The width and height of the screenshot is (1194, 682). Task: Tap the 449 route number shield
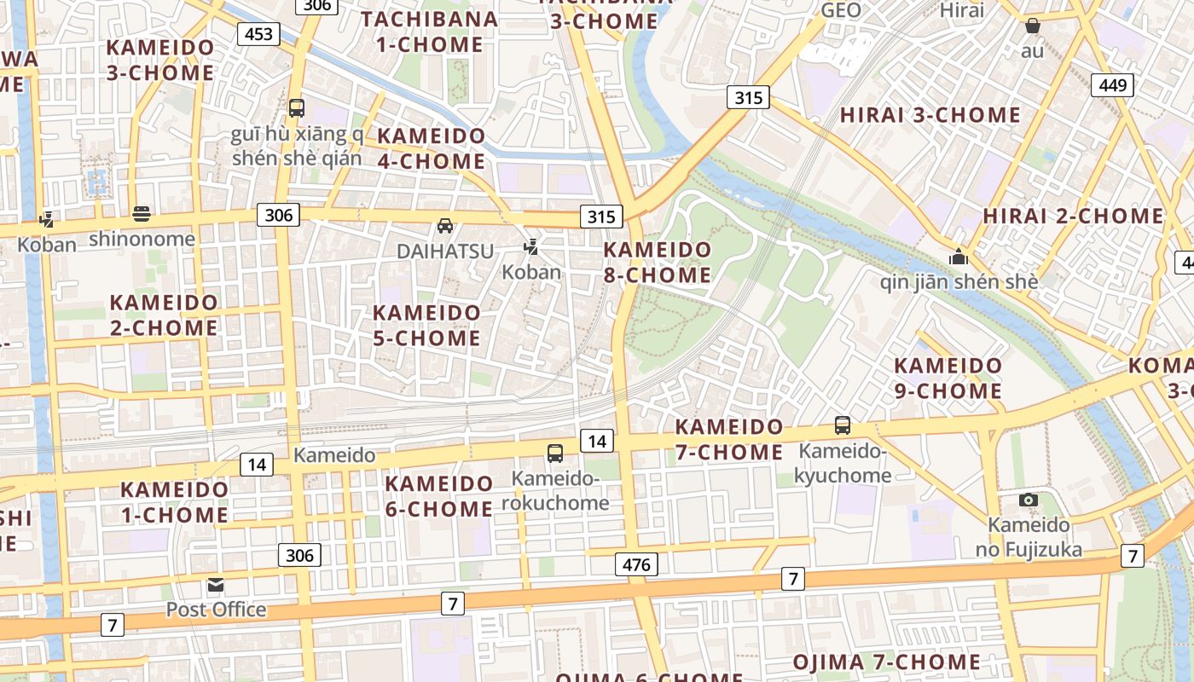(x=1112, y=84)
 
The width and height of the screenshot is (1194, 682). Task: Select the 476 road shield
(x=636, y=564)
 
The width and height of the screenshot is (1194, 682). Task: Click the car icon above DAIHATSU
(x=445, y=226)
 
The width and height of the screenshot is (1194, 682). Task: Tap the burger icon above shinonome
(x=142, y=213)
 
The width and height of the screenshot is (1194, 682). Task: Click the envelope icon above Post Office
(x=216, y=585)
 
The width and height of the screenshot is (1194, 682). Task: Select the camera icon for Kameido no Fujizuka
(x=1029, y=500)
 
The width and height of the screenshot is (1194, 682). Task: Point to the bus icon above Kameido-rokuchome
(x=555, y=453)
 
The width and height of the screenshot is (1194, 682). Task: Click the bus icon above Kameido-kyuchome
(x=843, y=425)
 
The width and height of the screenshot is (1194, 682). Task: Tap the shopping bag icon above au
(x=1032, y=26)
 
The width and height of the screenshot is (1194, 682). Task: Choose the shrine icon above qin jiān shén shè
(x=959, y=257)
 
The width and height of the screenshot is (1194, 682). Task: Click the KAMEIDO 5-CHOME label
(x=426, y=326)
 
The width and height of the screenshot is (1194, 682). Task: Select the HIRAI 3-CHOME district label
(x=930, y=115)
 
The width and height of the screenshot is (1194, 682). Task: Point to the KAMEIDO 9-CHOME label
(x=948, y=379)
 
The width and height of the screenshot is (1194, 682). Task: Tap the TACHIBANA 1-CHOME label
(x=430, y=32)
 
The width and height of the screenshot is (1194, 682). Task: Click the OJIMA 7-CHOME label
(x=887, y=662)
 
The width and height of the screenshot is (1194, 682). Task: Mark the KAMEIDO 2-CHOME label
(x=164, y=315)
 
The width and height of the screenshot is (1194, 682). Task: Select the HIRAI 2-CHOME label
(x=1073, y=216)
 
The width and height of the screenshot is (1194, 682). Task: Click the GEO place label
(x=841, y=10)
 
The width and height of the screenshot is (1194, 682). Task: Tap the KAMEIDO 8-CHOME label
(x=657, y=263)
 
